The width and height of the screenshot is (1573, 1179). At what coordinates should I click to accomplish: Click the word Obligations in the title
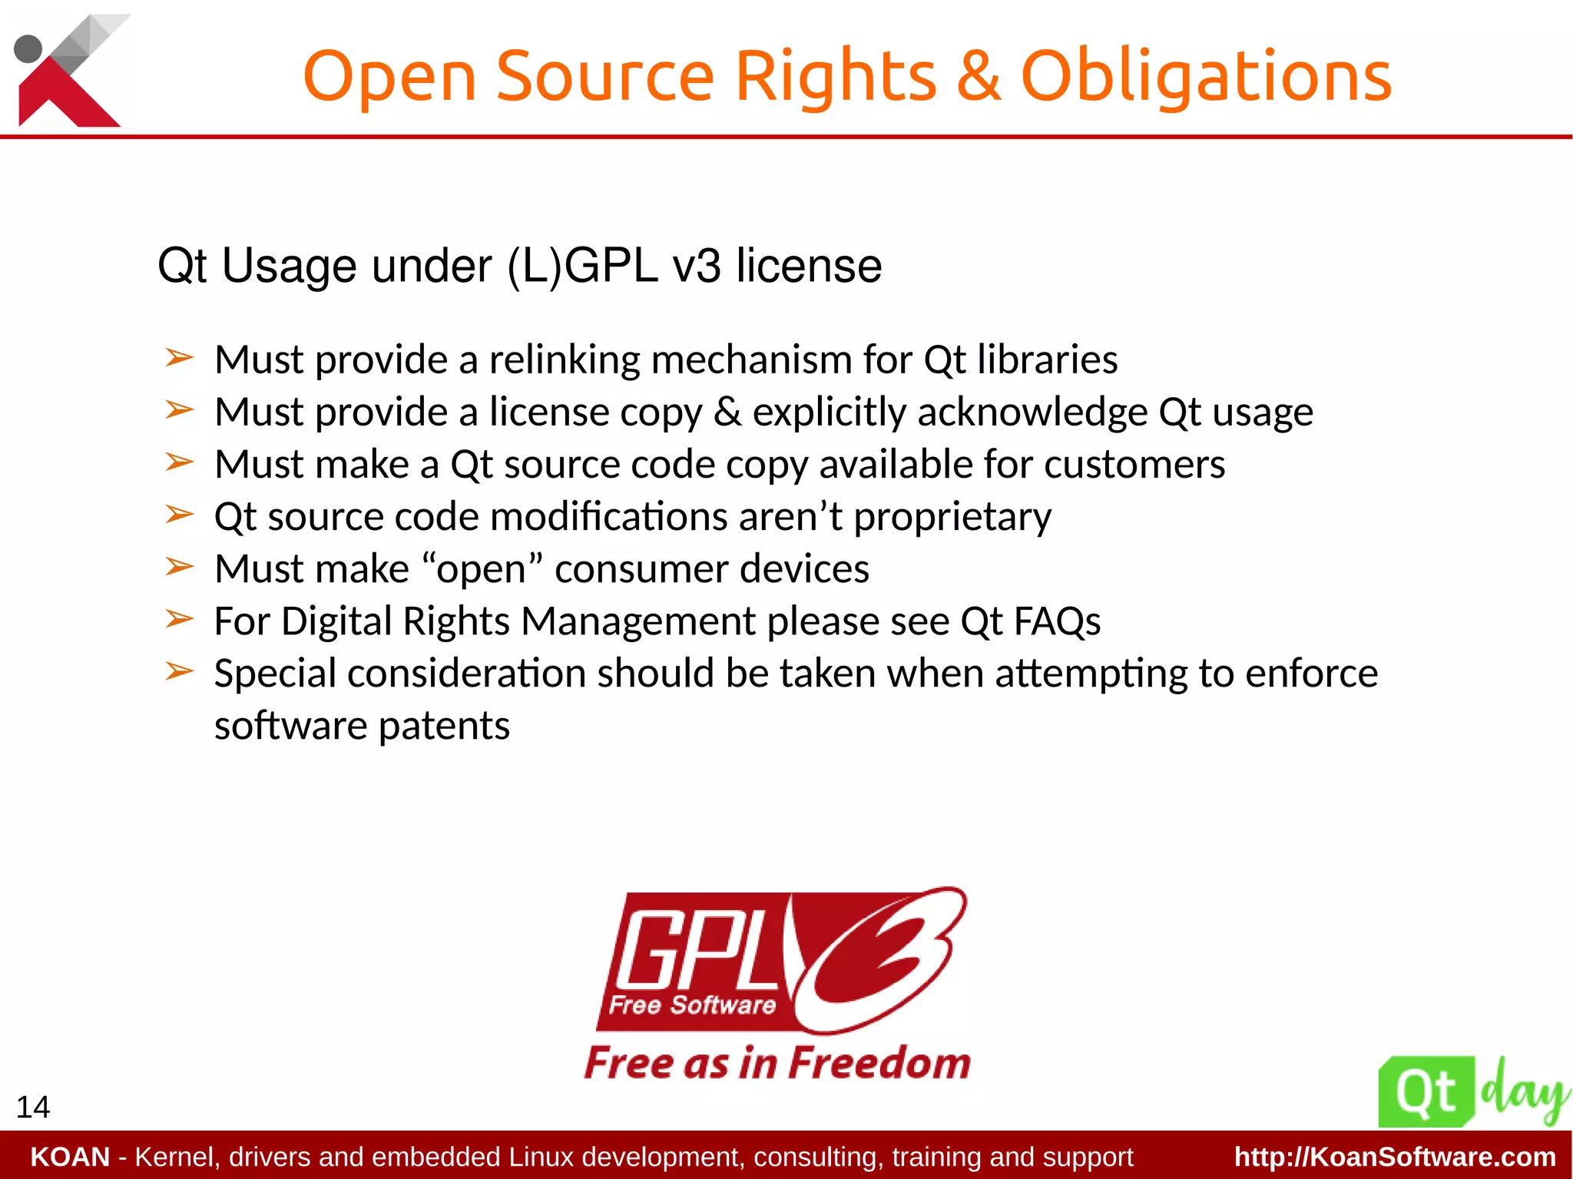(1205, 77)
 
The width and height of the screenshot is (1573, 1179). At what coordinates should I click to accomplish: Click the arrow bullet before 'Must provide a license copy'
(179, 410)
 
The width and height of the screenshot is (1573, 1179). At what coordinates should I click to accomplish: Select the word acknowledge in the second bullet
(1032, 412)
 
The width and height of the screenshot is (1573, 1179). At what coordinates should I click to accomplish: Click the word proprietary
(952, 518)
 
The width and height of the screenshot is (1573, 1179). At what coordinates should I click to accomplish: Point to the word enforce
(1311, 674)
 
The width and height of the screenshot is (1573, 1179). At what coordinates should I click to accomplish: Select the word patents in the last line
(444, 726)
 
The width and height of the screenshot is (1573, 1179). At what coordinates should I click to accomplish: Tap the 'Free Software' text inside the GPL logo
(692, 1005)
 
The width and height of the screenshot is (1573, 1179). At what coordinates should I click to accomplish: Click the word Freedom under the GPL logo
(879, 1064)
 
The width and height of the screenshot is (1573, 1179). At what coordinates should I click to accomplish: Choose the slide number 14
(33, 1107)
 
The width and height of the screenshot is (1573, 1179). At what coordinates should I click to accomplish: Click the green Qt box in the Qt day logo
(1426, 1092)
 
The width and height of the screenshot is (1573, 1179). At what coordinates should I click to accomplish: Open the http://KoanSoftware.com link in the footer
(1394, 1157)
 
